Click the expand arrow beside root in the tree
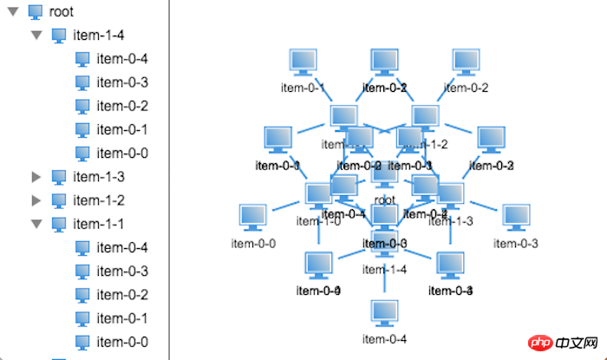click(x=13, y=12)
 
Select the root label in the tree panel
click(x=62, y=12)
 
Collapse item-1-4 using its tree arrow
click(x=36, y=36)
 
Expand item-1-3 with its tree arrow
click(x=36, y=177)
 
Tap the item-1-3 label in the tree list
click(x=99, y=177)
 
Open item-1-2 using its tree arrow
click(x=36, y=200)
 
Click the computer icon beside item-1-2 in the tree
click(x=59, y=200)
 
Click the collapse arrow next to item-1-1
click(x=36, y=224)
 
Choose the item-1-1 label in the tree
click(x=99, y=224)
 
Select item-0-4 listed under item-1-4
click(x=122, y=59)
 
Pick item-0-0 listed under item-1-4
click(x=122, y=154)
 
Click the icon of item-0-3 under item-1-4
click(x=82, y=82)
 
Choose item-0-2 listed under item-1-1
click(x=122, y=295)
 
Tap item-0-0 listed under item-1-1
click(x=122, y=342)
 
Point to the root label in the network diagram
click(x=385, y=200)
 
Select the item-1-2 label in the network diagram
click(x=430, y=145)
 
